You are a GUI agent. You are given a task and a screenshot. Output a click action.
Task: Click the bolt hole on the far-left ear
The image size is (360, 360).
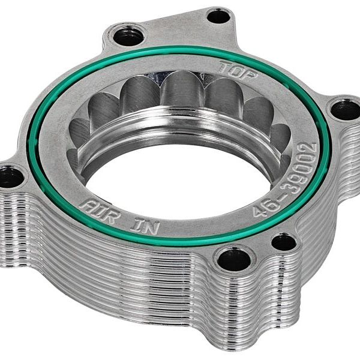(10, 176)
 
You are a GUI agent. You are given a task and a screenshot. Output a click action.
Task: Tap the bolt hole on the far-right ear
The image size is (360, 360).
(345, 110)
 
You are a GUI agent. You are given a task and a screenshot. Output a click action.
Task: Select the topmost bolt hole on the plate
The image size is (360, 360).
(218, 16)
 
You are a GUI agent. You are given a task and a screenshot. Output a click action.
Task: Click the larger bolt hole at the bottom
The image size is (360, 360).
(233, 260)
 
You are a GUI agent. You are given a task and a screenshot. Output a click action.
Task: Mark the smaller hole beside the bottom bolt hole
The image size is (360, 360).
(283, 242)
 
